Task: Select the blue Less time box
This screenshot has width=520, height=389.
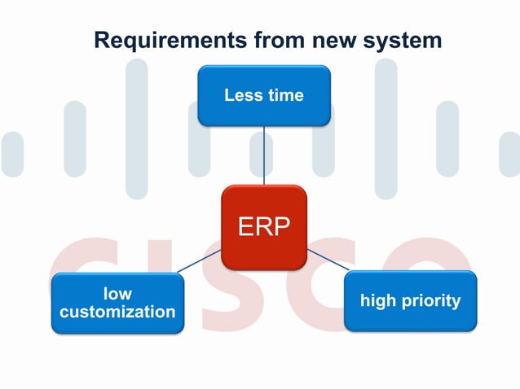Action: tap(264, 96)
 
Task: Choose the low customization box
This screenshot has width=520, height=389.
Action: tap(117, 303)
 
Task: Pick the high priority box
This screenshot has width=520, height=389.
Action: tap(410, 301)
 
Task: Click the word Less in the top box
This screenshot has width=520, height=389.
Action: tap(243, 96)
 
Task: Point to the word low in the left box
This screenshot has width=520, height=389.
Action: tap(117, 293)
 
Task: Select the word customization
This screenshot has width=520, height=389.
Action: tap(117, 312)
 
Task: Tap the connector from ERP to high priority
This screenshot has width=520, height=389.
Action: tap(328, 260)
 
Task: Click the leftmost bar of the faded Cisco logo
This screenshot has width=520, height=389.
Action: tap(12, 154)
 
